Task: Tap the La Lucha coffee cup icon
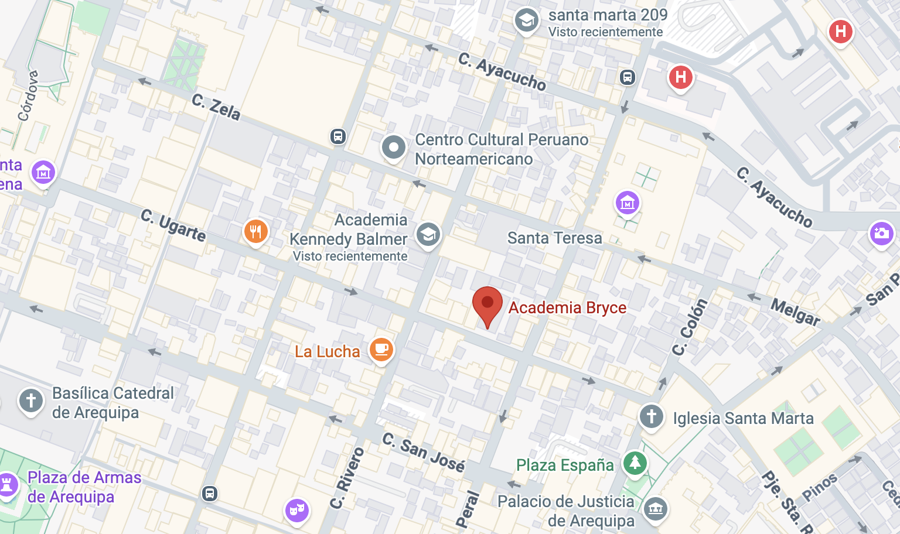pyautogui.click(x=381, y=350)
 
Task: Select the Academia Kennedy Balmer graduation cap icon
pyautogui.click(x=428, y=235)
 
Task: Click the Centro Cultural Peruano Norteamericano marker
pyautogui.click(x=393, y=148)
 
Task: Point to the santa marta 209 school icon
pyautogui.click(x=526, y=20)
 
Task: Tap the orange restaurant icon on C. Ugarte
pyautogui.click(x=255, y=232)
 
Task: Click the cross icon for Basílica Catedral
pyautogui.click(x=31, y=401)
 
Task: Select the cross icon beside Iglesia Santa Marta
pyautogui.click(x=651, y=416)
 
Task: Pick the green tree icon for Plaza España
pyautogui.click(x=635, y=463)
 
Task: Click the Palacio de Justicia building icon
pyautogui.click(x=656, y=508)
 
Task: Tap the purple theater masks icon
pyautogui.click(x=297, y=509)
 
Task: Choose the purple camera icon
pyautogui.click(x=881, y=233)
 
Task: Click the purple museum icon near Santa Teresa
pyautogui.click(x=628, y=203)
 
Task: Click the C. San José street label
pyautogui.click(x=424, y=452)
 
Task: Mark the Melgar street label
pyautogui.click(x=795, y=311)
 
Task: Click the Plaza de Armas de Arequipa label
pyautogui.click(x=84, y=487)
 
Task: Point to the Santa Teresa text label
pyautogui.click(x=554, y=238)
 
